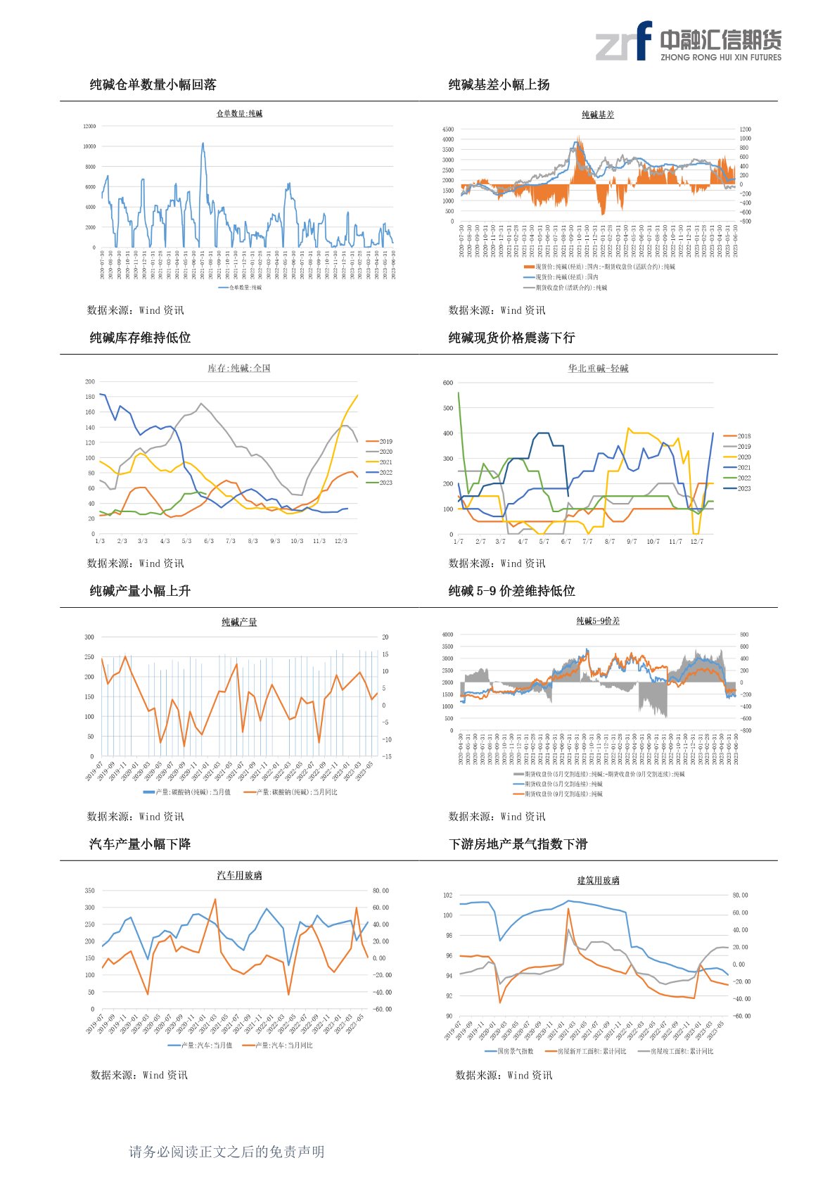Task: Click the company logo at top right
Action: tap(688, 42)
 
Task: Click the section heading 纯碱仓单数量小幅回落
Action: tap(153, 85)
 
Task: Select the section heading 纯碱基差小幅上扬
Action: tap(499, 85)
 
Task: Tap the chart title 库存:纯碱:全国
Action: tap(239, 369)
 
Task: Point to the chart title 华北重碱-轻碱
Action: tap(598, 369)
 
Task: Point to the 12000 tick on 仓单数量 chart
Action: tap(89, 127)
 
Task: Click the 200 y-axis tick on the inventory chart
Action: tap(90, 381)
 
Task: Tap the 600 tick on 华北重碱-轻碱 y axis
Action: tap(448, 383)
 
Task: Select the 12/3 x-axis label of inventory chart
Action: tap(341, 541)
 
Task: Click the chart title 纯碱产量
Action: tap(239, 622)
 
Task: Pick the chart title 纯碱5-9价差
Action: tap(598, 621)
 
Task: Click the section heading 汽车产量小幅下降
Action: tap(140, 844)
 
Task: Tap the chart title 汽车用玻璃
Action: tap(239, 875)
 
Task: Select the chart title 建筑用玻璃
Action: tap(598, 880)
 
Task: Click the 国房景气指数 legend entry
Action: tap(510, 1051)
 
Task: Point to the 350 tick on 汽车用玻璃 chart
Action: tap(89, 891)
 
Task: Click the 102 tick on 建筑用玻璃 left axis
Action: tap(448, 896)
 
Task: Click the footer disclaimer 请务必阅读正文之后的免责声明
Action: tap(226, 1152)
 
